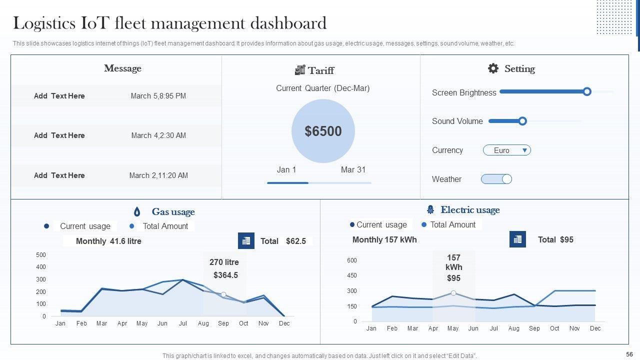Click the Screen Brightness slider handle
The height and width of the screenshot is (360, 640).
coord(587,91)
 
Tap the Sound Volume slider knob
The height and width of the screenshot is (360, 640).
coord(522,121)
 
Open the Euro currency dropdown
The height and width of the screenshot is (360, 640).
coord(506,150)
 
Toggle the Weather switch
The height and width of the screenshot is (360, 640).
coord(496,179)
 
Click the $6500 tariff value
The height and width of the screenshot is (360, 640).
coord(323,131)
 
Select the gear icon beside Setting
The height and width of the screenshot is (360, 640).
coord(493,68)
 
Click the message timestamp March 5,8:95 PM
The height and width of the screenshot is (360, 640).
coord(158,96)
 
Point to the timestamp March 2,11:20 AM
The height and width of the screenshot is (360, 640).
coord(158,175)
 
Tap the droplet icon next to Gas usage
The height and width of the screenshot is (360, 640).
coord(137,211)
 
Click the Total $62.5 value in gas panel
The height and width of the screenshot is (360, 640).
coord(283,241)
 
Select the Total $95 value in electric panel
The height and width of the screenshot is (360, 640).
coord(555,239)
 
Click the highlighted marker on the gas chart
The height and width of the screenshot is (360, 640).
coord(223,294)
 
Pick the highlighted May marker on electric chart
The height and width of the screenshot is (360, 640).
coord(453,293)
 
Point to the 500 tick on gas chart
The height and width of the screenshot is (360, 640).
coord(41,255)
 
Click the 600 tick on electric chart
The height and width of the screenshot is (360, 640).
coord(351,260)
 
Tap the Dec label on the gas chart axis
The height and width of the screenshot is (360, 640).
coord(284,323)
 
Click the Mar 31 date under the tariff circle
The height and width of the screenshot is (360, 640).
coord(353,170)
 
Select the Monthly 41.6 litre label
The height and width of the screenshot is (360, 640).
coord(108,241)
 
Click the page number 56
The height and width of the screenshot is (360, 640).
coord(629,354)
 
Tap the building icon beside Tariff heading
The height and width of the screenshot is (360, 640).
coord(299,70)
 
